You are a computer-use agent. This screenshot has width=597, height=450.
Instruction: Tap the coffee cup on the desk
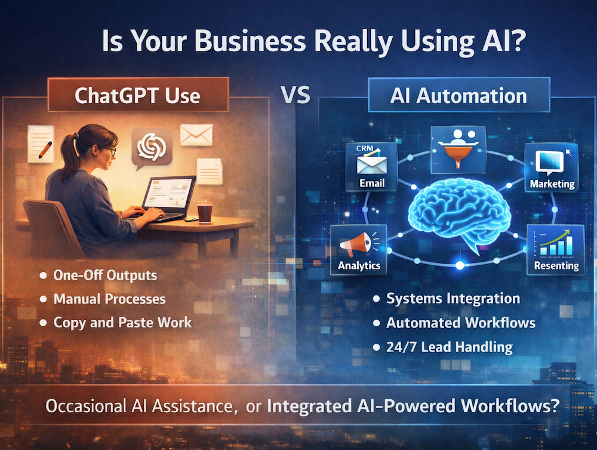click(204, 212)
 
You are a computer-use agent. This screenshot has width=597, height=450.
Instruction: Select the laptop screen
click(169, 194)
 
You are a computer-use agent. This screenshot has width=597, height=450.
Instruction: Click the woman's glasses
click(110, 151)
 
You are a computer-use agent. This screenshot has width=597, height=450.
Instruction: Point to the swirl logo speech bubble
click(152, 149)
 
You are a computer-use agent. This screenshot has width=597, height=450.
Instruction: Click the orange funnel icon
click(458, 154)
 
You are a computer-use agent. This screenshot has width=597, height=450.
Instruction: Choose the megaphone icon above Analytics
click(358, 244)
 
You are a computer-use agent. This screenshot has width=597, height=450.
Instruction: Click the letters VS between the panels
click(296, 95)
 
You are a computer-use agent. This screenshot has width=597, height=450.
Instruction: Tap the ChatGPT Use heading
click(137, 95)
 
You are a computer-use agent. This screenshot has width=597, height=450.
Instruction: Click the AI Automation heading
click(458, 96)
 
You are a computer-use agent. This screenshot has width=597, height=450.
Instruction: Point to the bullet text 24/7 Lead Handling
click(450, 347)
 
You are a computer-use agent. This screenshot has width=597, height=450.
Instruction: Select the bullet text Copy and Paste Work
click(122, 323)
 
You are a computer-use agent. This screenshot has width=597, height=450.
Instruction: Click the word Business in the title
click(250, 41)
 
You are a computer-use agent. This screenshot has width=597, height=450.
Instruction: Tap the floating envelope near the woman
click(196, 135)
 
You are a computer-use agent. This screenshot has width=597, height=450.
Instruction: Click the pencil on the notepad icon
click(45, 150)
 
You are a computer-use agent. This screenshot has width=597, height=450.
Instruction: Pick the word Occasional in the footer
click(85, 406)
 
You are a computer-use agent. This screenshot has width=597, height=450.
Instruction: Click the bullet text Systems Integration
click(453, 299)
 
